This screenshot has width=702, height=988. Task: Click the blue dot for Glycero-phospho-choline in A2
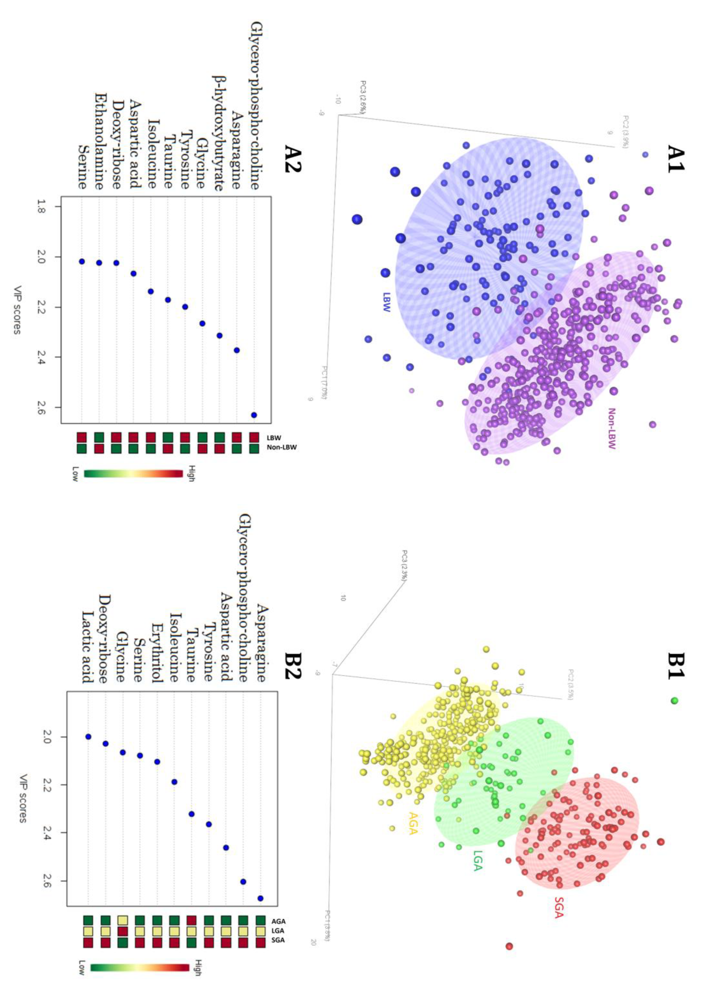254,415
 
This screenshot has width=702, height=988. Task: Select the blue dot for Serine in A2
82,262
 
